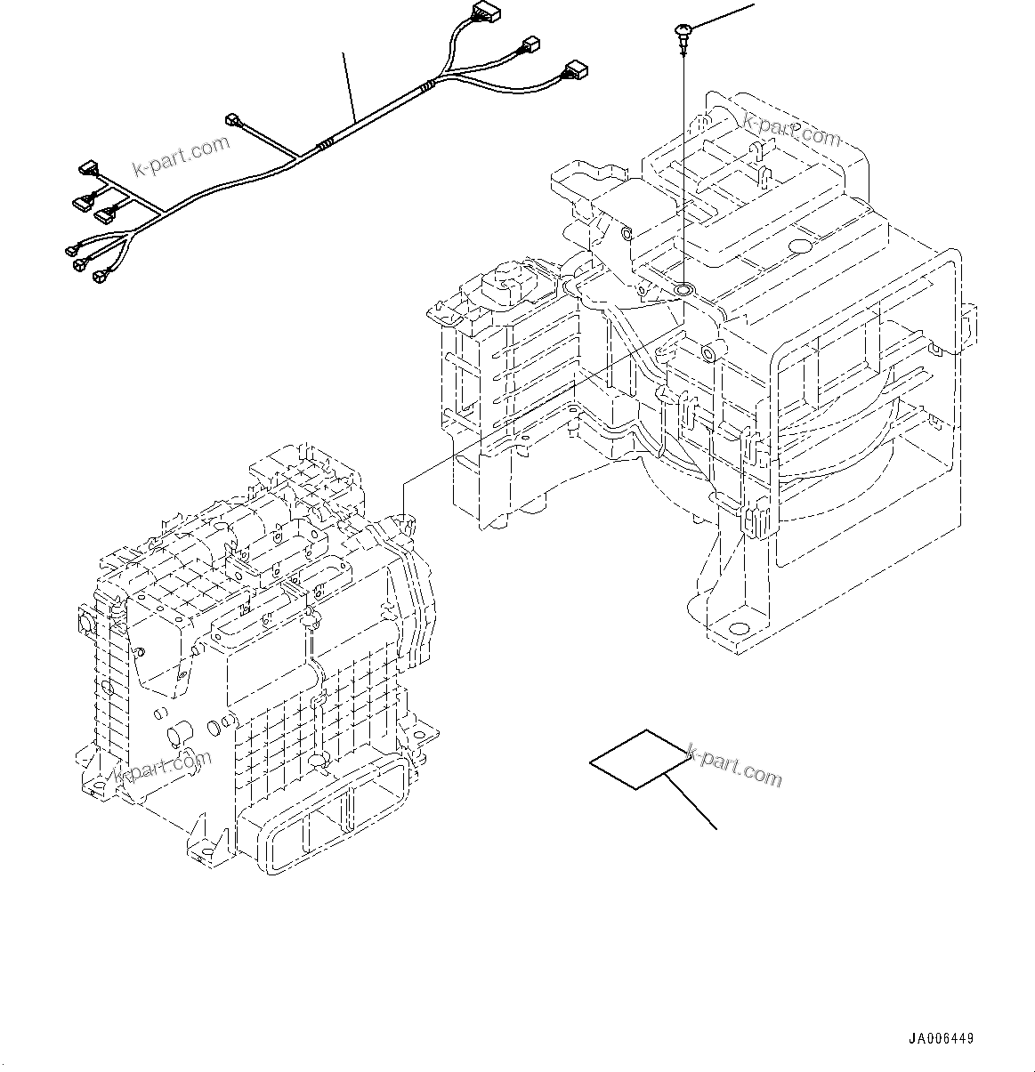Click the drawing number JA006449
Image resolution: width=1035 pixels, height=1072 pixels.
tap(942, 1038)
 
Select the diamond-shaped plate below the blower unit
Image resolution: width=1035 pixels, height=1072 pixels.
tap(639, 759)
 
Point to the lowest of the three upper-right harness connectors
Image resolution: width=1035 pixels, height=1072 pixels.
tap(574, 69)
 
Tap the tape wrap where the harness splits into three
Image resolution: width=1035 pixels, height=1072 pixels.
tap(430, 86)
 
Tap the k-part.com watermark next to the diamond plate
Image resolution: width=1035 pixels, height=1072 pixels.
tap(736, 764)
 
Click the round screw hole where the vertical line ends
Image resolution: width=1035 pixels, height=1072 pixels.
tap(683, 290)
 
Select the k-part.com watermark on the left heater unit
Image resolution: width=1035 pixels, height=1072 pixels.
tap(163, 770)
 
